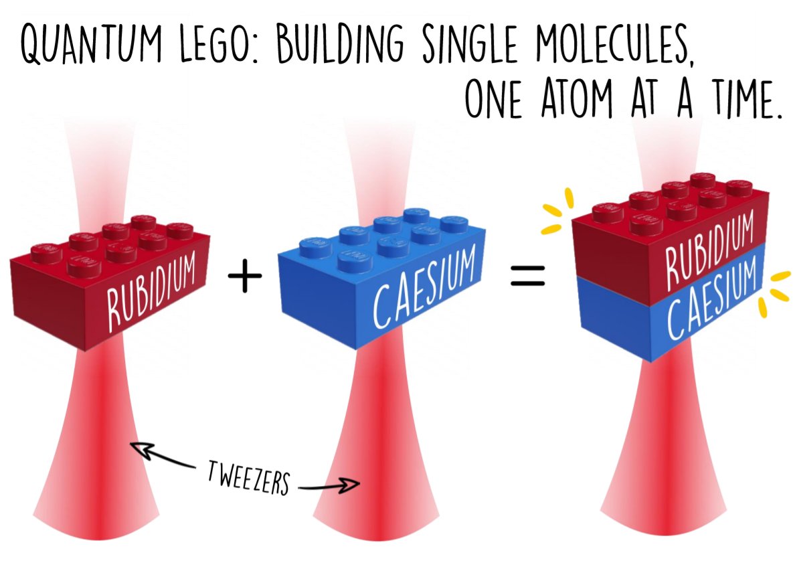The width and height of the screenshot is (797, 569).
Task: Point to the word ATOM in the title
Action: (x=575, y=101)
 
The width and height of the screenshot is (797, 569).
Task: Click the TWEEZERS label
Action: (x=248, y=477)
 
